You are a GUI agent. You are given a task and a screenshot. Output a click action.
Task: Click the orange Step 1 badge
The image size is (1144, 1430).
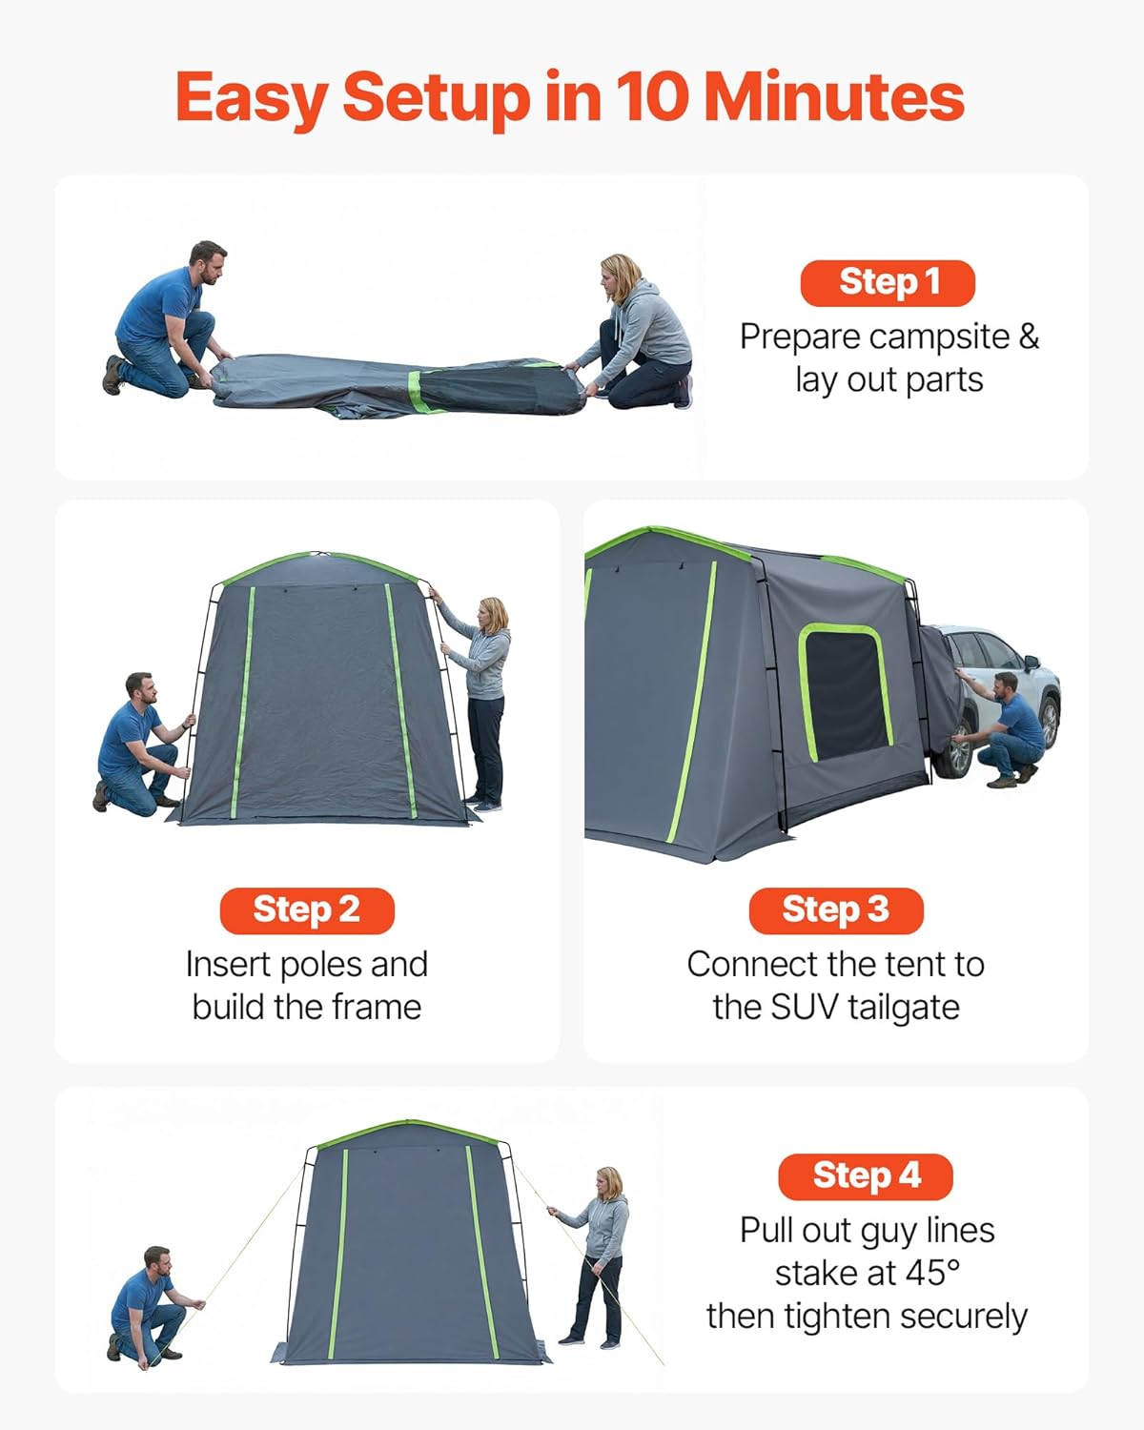[x=888, y=283]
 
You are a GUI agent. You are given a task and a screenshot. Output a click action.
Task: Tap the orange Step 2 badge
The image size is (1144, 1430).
[x=307, y=910]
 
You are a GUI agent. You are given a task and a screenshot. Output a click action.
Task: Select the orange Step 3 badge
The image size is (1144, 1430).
[x=836, y=910]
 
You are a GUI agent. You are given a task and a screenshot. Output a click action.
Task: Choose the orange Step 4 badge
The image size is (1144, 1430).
[x=866, y=1176]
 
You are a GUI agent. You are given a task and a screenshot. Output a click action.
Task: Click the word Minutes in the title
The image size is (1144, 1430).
[x=834, y=97]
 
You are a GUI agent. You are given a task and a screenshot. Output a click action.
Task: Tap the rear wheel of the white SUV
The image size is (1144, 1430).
[x=953, y=753]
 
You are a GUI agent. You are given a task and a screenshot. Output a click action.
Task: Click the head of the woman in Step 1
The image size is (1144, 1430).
[x=620, y=275]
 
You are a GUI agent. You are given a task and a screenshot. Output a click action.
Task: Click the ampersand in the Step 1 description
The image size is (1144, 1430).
[x=1028, y=337]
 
